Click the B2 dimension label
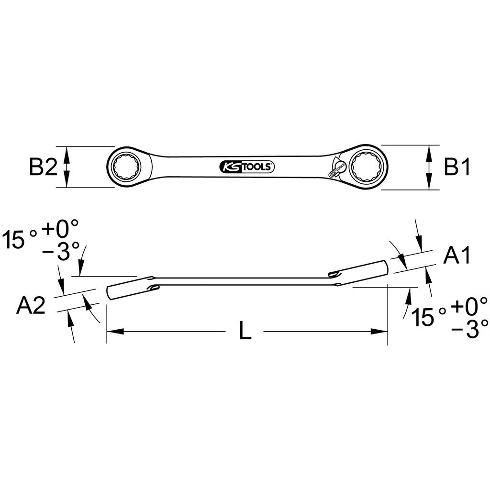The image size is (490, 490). (x=43, y=167)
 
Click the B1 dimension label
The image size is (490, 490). (x=457, y=167)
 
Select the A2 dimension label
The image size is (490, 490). (x=31, y=305)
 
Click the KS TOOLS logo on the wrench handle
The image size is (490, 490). (x=247, y=167)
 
